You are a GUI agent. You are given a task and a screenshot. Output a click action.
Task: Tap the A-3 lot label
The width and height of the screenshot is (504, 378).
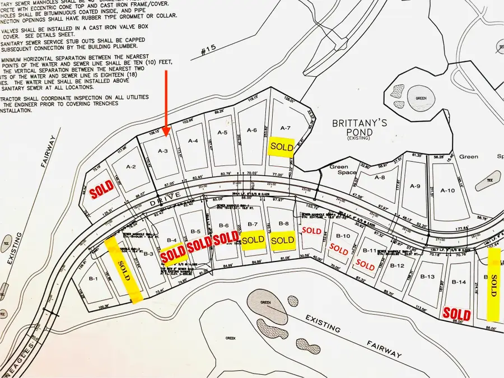coord(163,151)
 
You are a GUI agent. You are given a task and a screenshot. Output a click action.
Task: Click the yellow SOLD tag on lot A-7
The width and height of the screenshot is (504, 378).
coord(282,146)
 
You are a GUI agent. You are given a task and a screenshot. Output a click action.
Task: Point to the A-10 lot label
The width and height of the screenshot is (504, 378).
coord(447,190)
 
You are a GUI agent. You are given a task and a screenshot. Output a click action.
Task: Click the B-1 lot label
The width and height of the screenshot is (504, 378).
coord(93,278)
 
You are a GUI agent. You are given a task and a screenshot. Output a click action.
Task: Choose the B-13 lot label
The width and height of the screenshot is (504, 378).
coord(427,277)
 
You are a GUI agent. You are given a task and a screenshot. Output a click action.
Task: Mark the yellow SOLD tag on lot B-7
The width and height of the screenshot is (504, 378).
coord(253,240)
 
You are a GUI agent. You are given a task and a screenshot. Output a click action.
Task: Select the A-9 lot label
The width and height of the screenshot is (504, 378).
coord(415,186)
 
